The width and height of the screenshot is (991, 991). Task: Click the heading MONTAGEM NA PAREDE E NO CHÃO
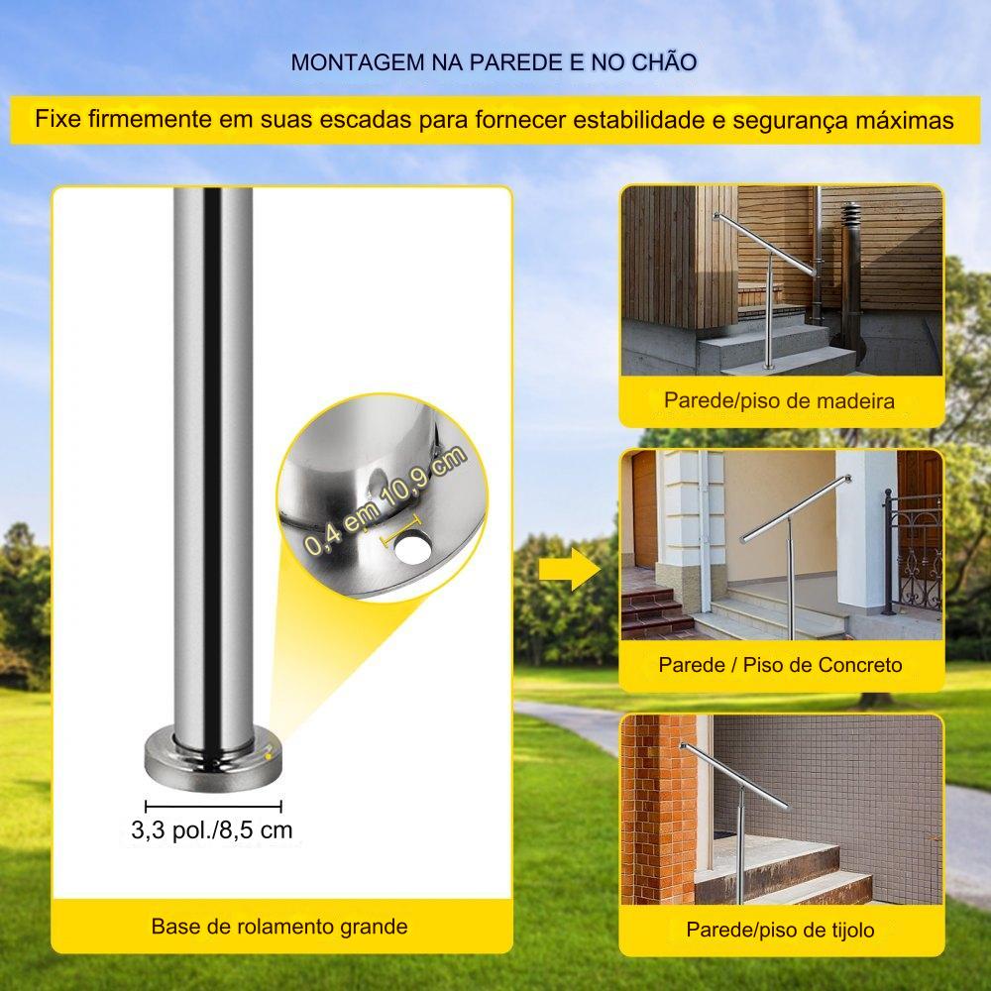click(494, 61)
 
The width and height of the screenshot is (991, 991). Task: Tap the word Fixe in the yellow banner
click(58, 119)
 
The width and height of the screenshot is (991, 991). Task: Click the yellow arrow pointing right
click(570, 569)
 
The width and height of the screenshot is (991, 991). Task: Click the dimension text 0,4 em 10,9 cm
click(385, 499)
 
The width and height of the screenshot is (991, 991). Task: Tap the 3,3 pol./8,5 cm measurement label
click(212, 829)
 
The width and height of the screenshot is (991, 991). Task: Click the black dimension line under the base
click(214, 806)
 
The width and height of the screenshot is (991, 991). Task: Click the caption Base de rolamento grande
click(279, 927)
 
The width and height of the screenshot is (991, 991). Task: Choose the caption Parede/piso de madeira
click(779, 400)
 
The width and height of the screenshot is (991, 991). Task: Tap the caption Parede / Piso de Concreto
click(780, 665)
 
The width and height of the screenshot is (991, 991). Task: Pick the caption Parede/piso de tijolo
click(780, 930)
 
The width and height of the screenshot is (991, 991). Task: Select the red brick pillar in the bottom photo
click(658, 809)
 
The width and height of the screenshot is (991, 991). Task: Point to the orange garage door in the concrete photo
click(645, 508)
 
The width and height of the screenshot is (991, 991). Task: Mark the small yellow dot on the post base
click(268, 754)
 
